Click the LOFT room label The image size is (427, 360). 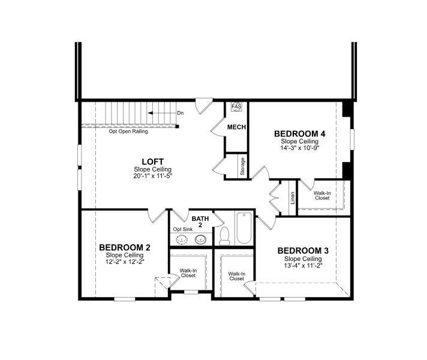pyautogui.click(x=152, y=161)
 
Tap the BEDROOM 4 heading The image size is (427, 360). pyautogui.click(x=300, y=133)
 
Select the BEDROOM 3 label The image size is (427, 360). pyautogui.click(x=303, y=250)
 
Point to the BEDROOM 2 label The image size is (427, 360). pyautogui.click(x=125, y=247)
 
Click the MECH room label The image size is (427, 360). pyautogui.click(x=236, y=127)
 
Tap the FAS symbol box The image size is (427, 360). pyautogui.click(x=236, y=107)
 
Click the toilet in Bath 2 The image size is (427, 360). pyautogui.click(x=225, y=235)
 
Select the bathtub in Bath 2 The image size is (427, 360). pyautogui.click(x=244, y=228)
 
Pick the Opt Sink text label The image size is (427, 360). pyautogui.click(x=183, y=229)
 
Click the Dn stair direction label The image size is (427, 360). pyautogui.click(x=180, y=113)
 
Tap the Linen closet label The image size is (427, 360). pyautogui.click(x=293, y=197)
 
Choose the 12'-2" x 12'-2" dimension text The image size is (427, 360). pyautogui.click(x=125, y=262)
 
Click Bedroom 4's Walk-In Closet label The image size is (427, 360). pyautogui.click(x=321, y=195)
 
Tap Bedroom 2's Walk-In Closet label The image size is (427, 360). pyautogui.click(x=188, y=273)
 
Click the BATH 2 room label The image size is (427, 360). pyautogui.click(x=200, y=221)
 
